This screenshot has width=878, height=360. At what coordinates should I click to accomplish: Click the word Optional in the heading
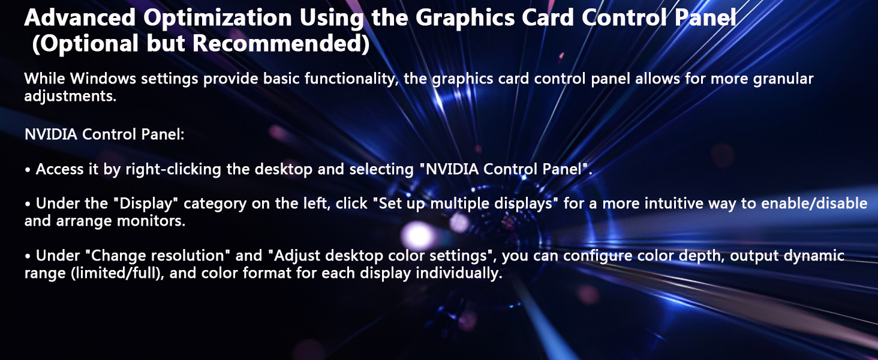pos(80,44)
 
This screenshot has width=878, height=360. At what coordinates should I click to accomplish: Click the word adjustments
pos(70,96)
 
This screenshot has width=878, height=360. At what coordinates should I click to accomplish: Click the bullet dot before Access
pos(28,170)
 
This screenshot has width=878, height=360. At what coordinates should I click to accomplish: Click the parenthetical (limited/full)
pos(107,273)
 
